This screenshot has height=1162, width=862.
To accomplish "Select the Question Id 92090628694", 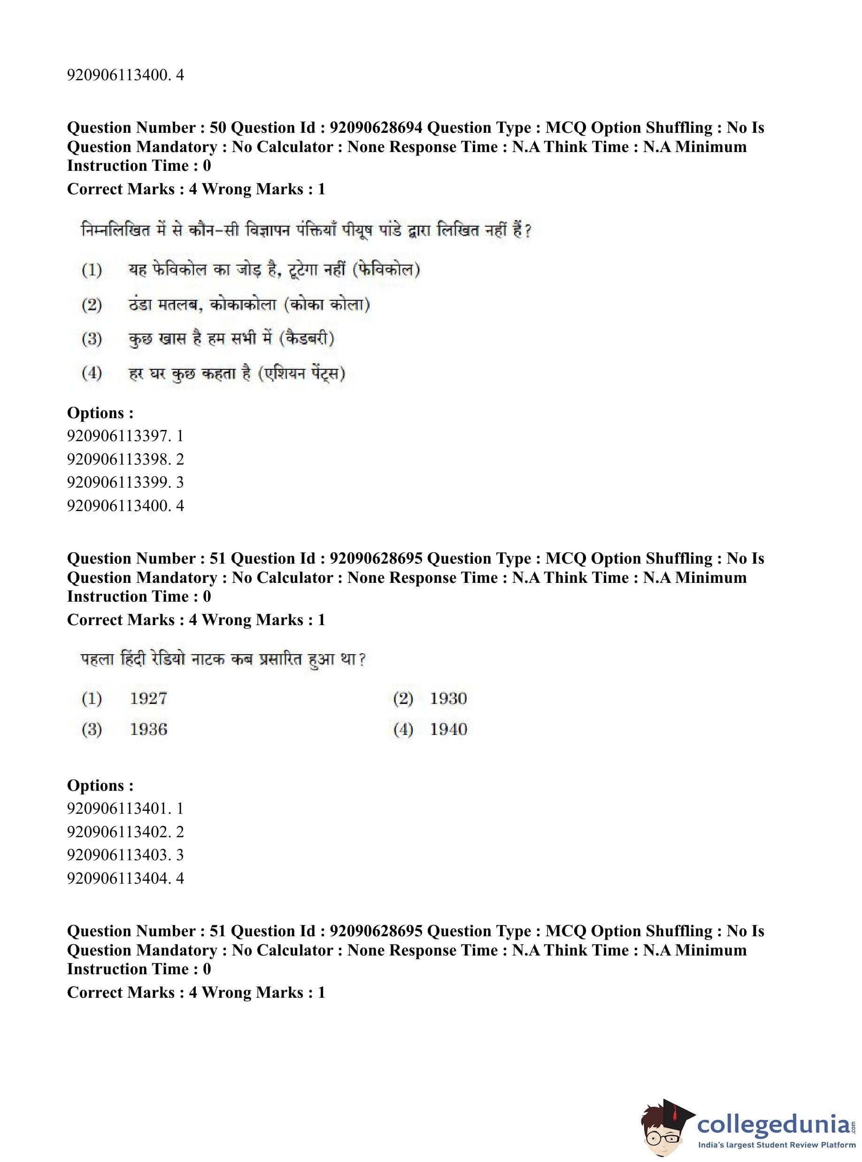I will tap(376, 128).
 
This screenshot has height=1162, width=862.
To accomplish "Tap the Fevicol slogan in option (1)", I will tap(274, 270).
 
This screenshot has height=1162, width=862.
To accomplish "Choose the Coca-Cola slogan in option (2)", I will tap(249, 304).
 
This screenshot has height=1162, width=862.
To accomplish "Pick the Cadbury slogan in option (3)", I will tap(231, 338).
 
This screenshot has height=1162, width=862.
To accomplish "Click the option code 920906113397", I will tap(118, 436).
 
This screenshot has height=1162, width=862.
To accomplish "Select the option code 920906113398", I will tap(118, 459).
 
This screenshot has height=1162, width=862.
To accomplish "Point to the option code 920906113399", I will tap(118, 482).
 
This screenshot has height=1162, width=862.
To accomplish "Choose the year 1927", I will tap(148, 698).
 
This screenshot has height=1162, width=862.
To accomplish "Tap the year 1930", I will tap(448, 698).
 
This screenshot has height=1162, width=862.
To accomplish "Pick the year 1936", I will tap(148, 729).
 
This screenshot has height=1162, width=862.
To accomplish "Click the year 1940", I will tap(448, 729).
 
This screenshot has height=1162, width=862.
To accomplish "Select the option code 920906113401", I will tap(118, 809).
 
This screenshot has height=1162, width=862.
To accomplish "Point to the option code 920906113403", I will tap(118, 855).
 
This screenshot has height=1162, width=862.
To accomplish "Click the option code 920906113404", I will tap(118, 878).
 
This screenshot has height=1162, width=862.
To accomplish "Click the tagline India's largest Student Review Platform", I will tap(777, 1145).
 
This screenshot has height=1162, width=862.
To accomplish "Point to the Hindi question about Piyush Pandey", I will tap(306, 230).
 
